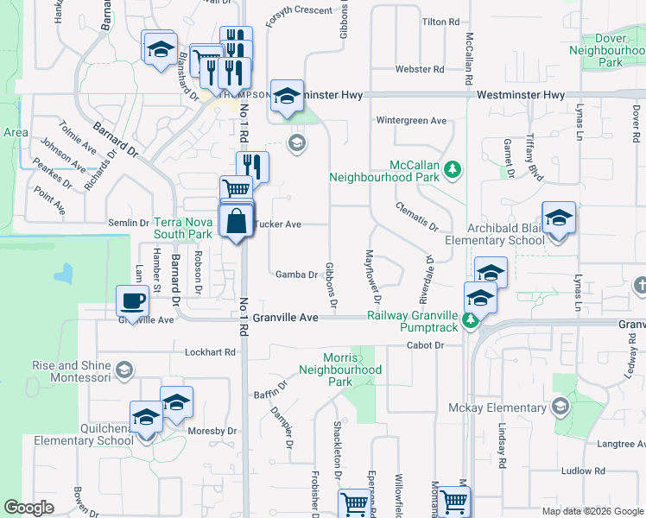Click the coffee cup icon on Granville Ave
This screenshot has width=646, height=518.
[132, 301]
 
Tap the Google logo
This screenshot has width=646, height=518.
[28, 508]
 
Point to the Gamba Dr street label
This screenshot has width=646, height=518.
[296, 275]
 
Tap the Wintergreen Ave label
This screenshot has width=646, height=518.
[411, 121]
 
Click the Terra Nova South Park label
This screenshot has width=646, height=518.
[183, 228]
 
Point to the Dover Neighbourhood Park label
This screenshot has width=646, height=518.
[609, 51]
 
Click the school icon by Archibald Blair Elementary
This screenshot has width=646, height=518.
[559, 217]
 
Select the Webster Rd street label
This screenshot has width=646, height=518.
[419, 69]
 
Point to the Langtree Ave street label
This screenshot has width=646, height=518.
[617, 444]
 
